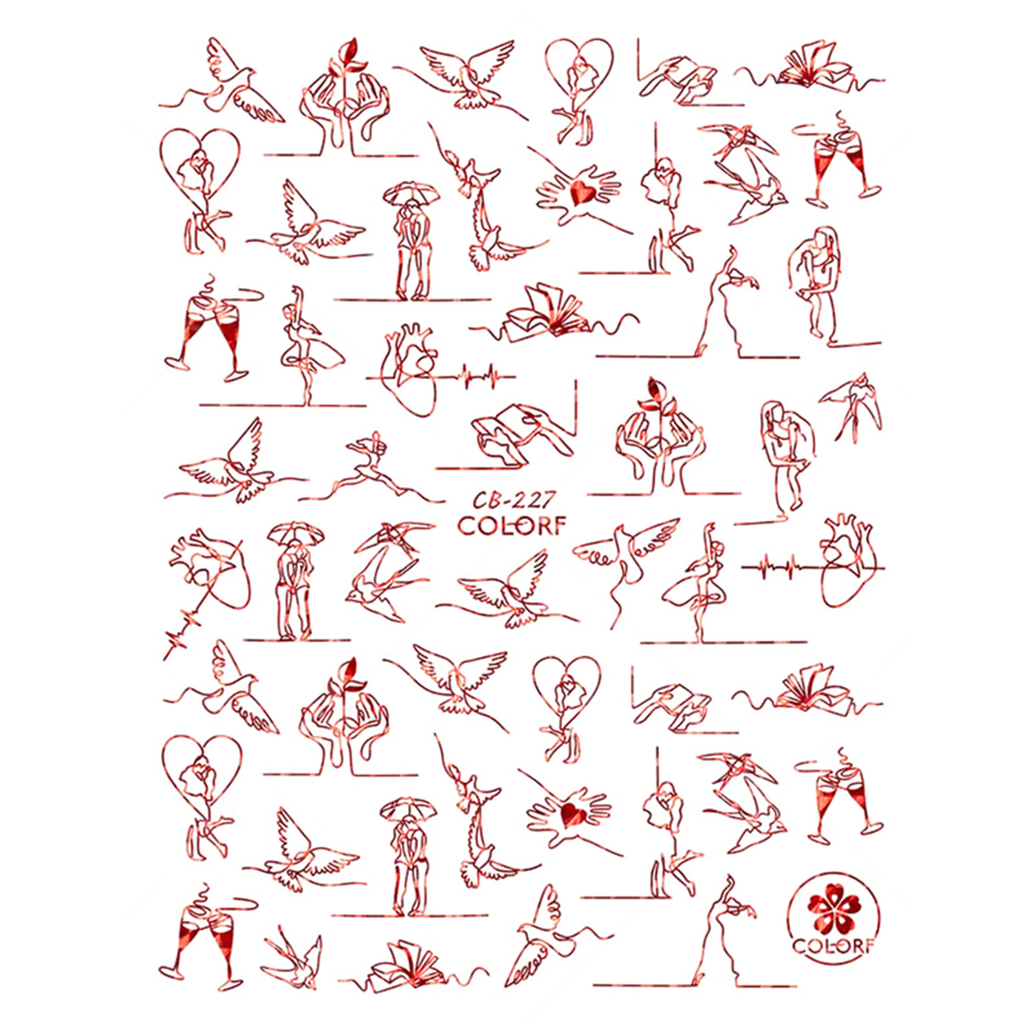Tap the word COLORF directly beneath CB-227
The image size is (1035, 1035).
click(512, 526)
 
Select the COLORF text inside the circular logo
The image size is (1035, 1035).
click(833, 946)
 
